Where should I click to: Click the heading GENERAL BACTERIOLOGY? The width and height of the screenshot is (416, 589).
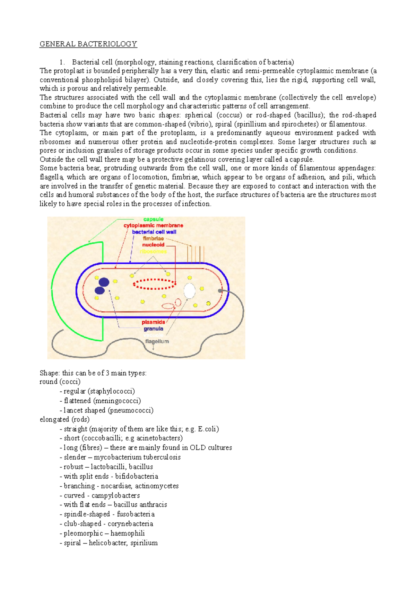pyautogui.click(x=88, y=44)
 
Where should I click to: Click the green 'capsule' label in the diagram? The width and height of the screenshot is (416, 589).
pyautogui.click(x=153, y=219)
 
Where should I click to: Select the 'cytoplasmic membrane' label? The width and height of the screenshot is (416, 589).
pyautogui.click(x=153, y=225)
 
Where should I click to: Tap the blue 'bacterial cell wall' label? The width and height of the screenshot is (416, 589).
pyautogui.click(x=154, y=232)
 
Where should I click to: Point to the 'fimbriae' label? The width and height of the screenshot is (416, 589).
pyautogui.click(x=153, y=238)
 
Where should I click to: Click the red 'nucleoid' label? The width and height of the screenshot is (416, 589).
pyautogui.click(x=153, y=245)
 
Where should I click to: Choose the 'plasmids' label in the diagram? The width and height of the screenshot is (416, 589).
pyautogui.click(x=153, y=322)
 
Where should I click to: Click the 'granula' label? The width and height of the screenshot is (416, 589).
pyautogui.click(x=153, y=328)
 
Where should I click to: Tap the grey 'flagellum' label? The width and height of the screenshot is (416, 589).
pyautogui.click(x=157, y=341)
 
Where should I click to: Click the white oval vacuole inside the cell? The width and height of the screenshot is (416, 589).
pyautogui.click(x=189, y=291)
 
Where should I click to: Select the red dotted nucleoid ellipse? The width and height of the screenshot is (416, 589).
pyautogui.click(x=154, y=284)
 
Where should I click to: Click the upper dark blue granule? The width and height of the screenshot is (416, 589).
pyautogui.click(x=104, y=282)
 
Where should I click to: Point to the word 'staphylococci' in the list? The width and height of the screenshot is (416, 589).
pyautogui.click(x=111, y=391)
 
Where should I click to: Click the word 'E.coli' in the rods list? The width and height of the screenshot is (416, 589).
pyautogui.click(x=207, y=429)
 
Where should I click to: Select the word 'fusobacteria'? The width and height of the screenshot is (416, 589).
pyautogui.click(x=136, y=514)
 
